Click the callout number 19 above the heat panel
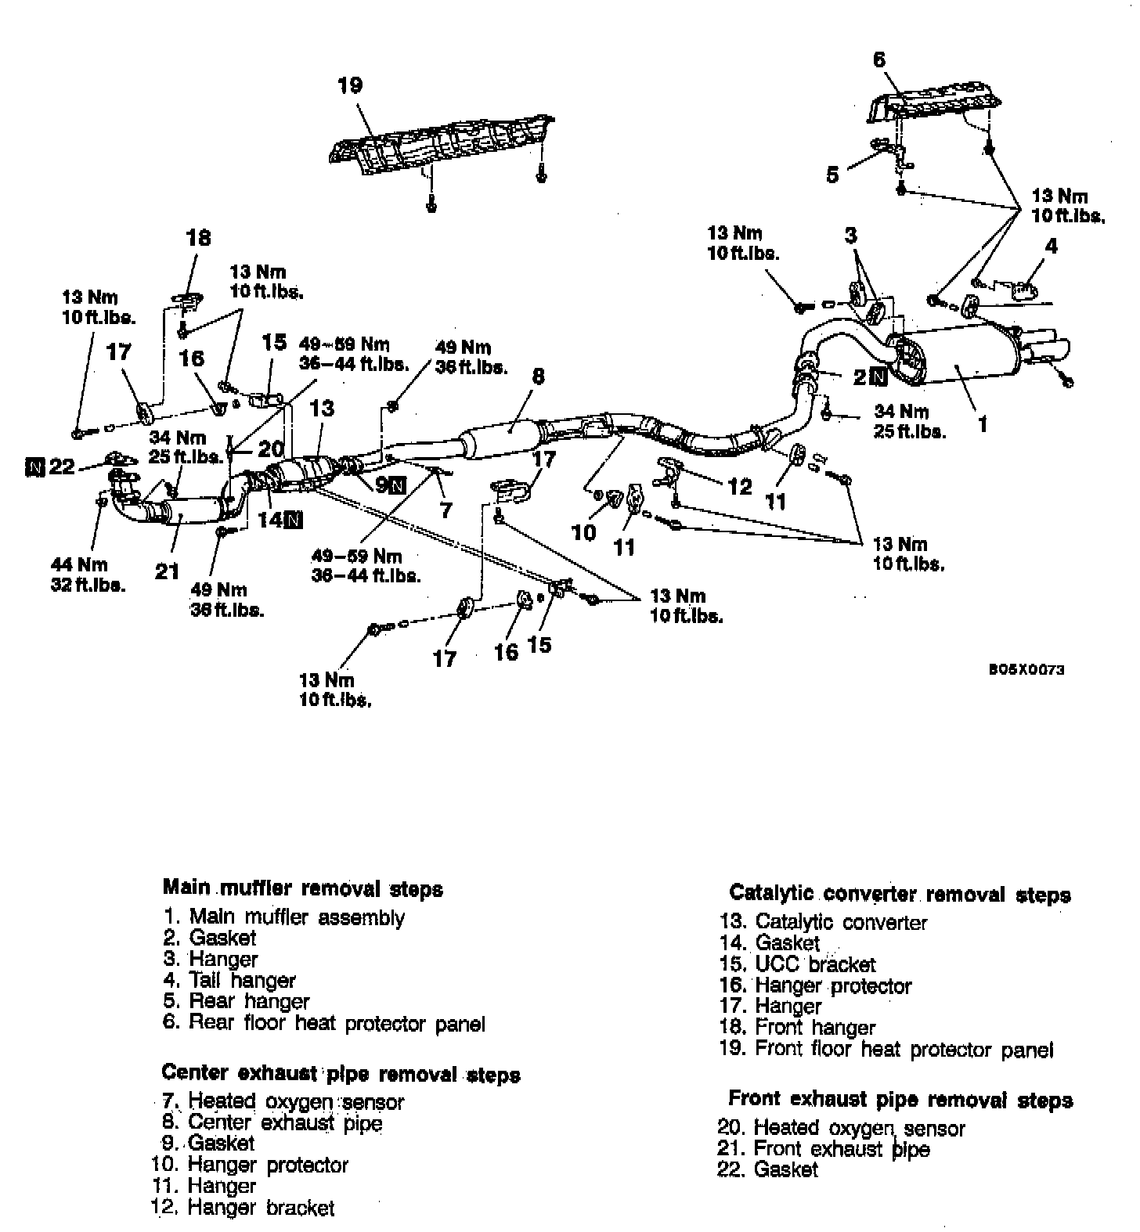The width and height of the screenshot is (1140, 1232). point(350,85)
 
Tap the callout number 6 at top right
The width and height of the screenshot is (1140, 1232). point(878,59)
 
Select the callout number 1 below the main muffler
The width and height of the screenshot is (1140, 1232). point(983,424)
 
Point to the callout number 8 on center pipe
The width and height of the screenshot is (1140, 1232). point(537,376)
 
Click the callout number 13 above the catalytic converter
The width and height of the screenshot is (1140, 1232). point(322,408)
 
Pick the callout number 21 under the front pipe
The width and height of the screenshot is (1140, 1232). point(167,571)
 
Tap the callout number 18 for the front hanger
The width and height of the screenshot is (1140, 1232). point(199,237)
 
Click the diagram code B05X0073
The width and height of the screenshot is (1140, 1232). point(1025,670)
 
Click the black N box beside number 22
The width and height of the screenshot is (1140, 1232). point(34,468)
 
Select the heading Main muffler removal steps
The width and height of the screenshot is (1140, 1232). point(302,888)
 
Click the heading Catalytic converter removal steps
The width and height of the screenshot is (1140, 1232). point(900,894)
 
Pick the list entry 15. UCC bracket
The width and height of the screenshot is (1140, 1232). point(797,964)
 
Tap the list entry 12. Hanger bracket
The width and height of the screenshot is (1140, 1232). point(243,1208)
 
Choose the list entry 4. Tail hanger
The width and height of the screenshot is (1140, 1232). point(229,980)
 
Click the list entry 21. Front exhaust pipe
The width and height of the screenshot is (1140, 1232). point(824,1149)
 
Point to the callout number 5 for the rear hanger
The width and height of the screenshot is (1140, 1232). point(832,175)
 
